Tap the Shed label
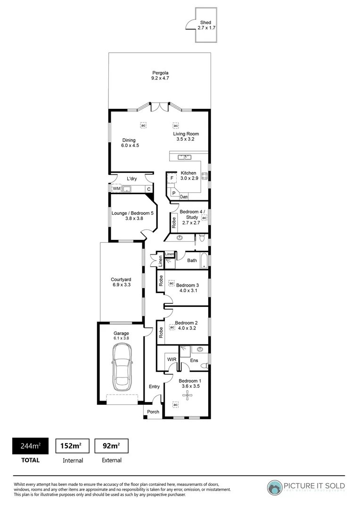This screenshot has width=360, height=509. point(206,25)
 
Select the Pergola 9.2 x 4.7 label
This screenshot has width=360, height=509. point(160,75)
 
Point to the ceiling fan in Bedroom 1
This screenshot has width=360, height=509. point(189,397)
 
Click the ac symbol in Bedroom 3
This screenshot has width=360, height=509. point(172,283)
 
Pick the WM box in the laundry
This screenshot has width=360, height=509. point(116,189)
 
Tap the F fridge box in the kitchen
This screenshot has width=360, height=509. point(172,178)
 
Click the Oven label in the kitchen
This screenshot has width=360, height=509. point(184,197)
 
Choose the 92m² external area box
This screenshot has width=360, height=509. point(112,445)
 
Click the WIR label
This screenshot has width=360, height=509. point(171,359)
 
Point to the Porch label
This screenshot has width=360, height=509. point(153,411)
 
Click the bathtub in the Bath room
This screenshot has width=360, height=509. point(204,260)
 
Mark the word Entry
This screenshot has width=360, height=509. point(154,386)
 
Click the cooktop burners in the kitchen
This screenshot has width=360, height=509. point(205,176)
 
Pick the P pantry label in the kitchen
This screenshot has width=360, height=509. point(173,193)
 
